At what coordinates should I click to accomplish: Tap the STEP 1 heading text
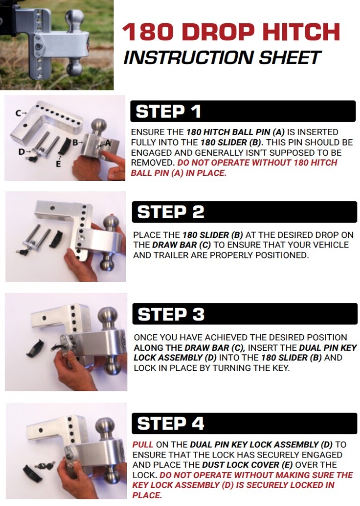[x=168, y=111]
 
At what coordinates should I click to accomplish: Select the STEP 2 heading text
[x=171, y=212]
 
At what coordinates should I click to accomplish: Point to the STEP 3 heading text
[x=171, y=314]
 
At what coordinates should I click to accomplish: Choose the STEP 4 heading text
[x=171, y=423]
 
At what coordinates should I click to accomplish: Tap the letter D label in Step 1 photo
[x=22, y=151]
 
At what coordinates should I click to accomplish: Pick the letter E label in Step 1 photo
[x=58, y=164]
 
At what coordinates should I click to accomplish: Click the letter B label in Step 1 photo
[x=75, y=142]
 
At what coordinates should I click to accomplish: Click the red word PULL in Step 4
[x=142, y=445]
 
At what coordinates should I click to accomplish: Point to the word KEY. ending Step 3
[x=279, y=368]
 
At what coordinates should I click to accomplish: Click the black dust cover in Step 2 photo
[x=56, y=238]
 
